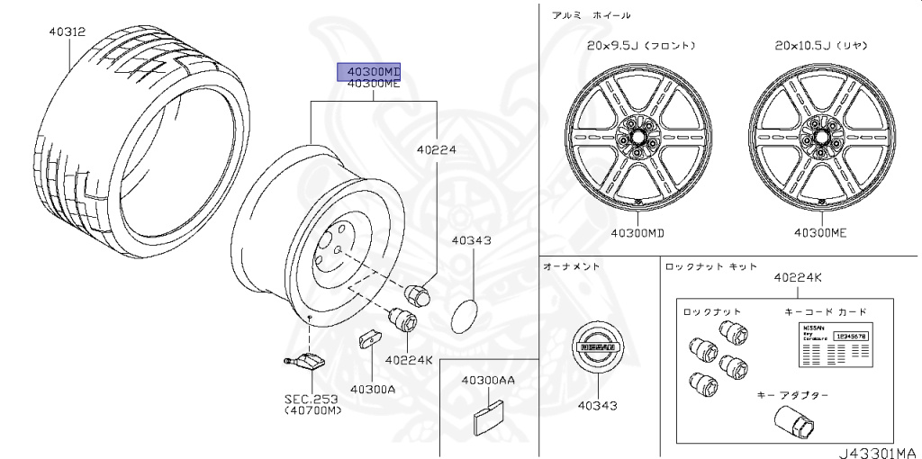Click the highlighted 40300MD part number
[x=368, y=71]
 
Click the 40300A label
[x=373, y=389]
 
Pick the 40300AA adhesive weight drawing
[x=487, y=414]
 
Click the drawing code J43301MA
[x=874, y=452]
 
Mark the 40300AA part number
[x=488, y=381]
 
